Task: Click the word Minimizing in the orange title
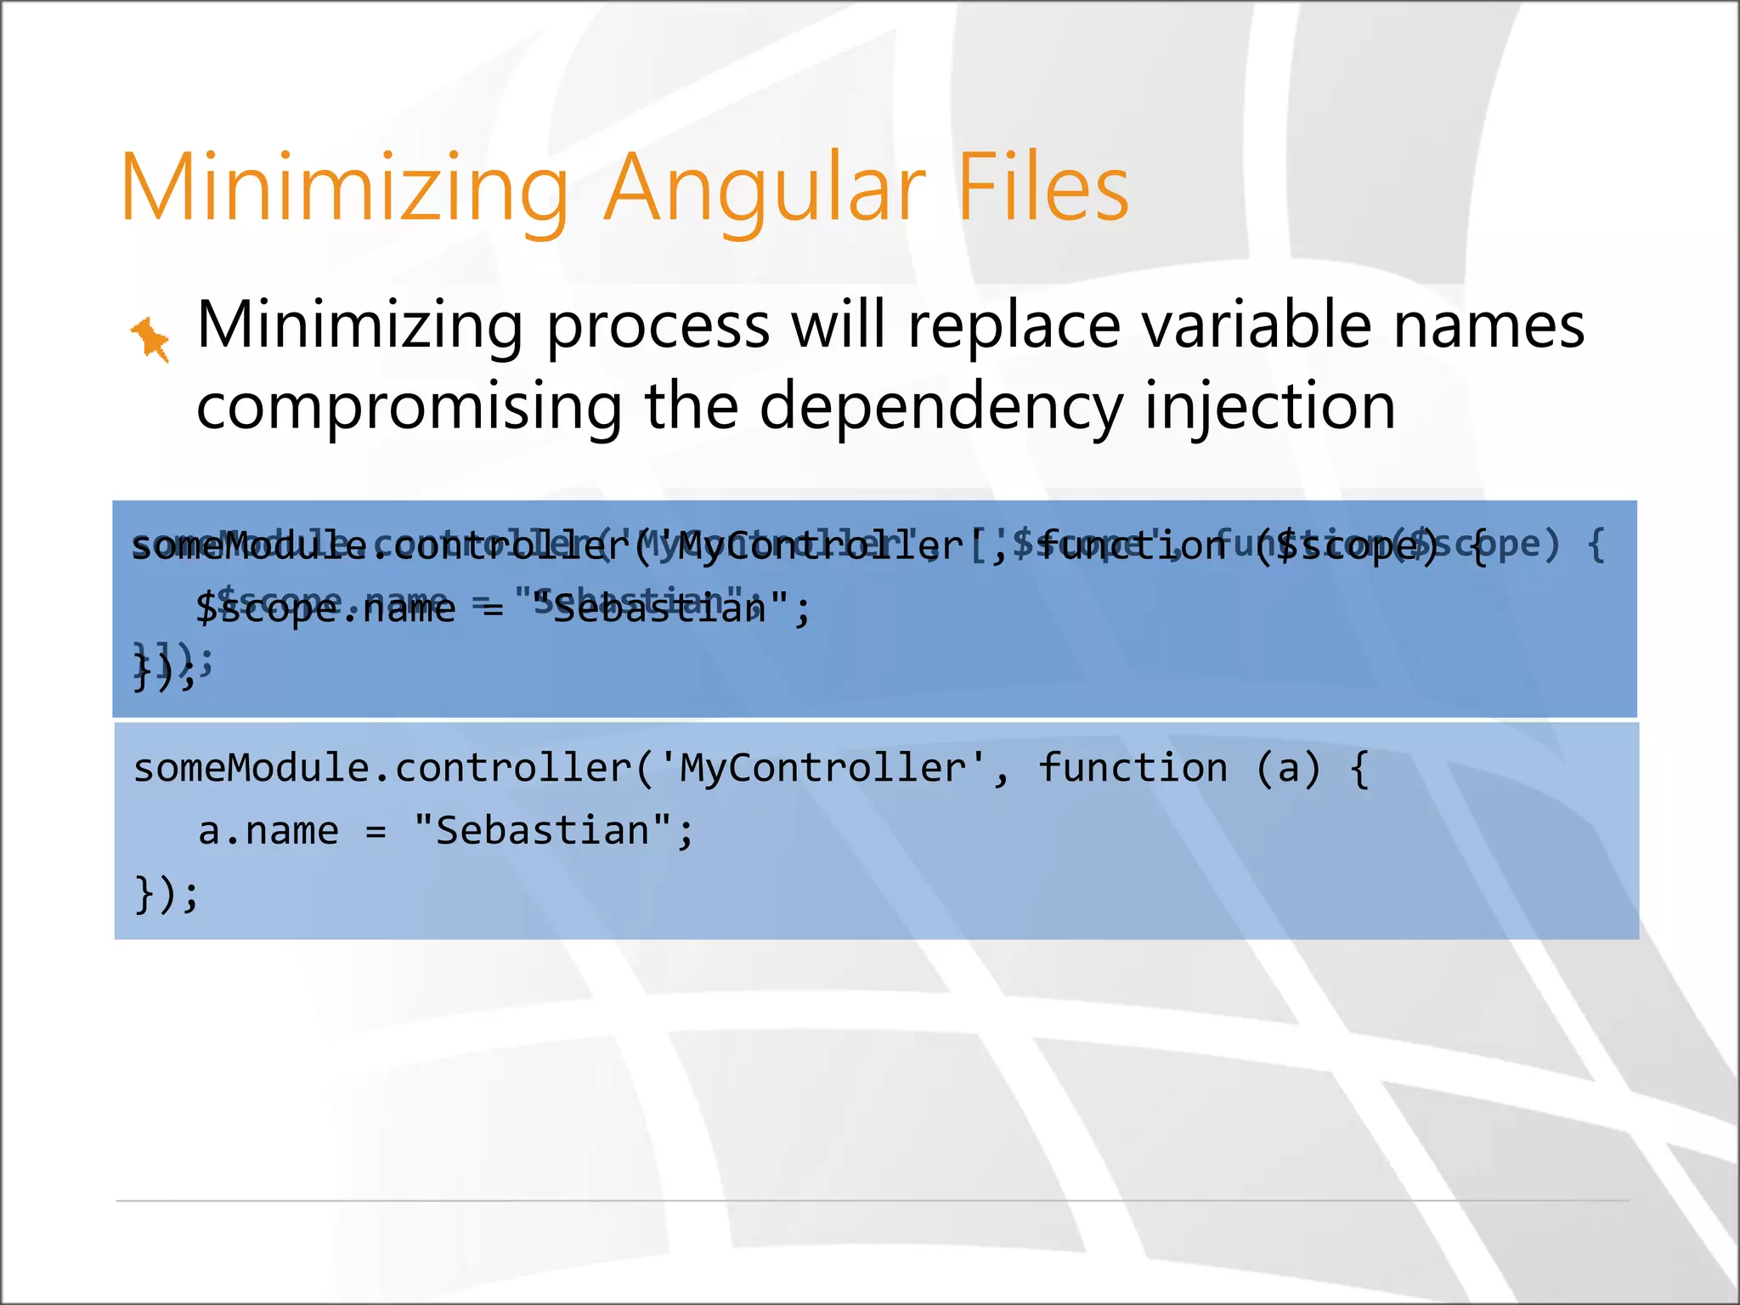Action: (x=344, y=189)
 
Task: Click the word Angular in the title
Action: (x=765, y=189)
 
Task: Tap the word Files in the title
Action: (x=1043, y=189)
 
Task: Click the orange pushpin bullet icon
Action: (x=150, y=338)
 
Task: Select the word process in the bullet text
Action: (x=658, y=327)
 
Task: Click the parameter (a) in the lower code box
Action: (x=1288, y=769)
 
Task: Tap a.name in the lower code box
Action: (x=268, y=831)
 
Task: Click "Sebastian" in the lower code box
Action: (x=543, y=830)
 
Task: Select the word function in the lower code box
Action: (x=1133, y=769)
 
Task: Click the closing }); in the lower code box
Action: (x=167, y=894)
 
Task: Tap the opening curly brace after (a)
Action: (x=1359, y=769)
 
